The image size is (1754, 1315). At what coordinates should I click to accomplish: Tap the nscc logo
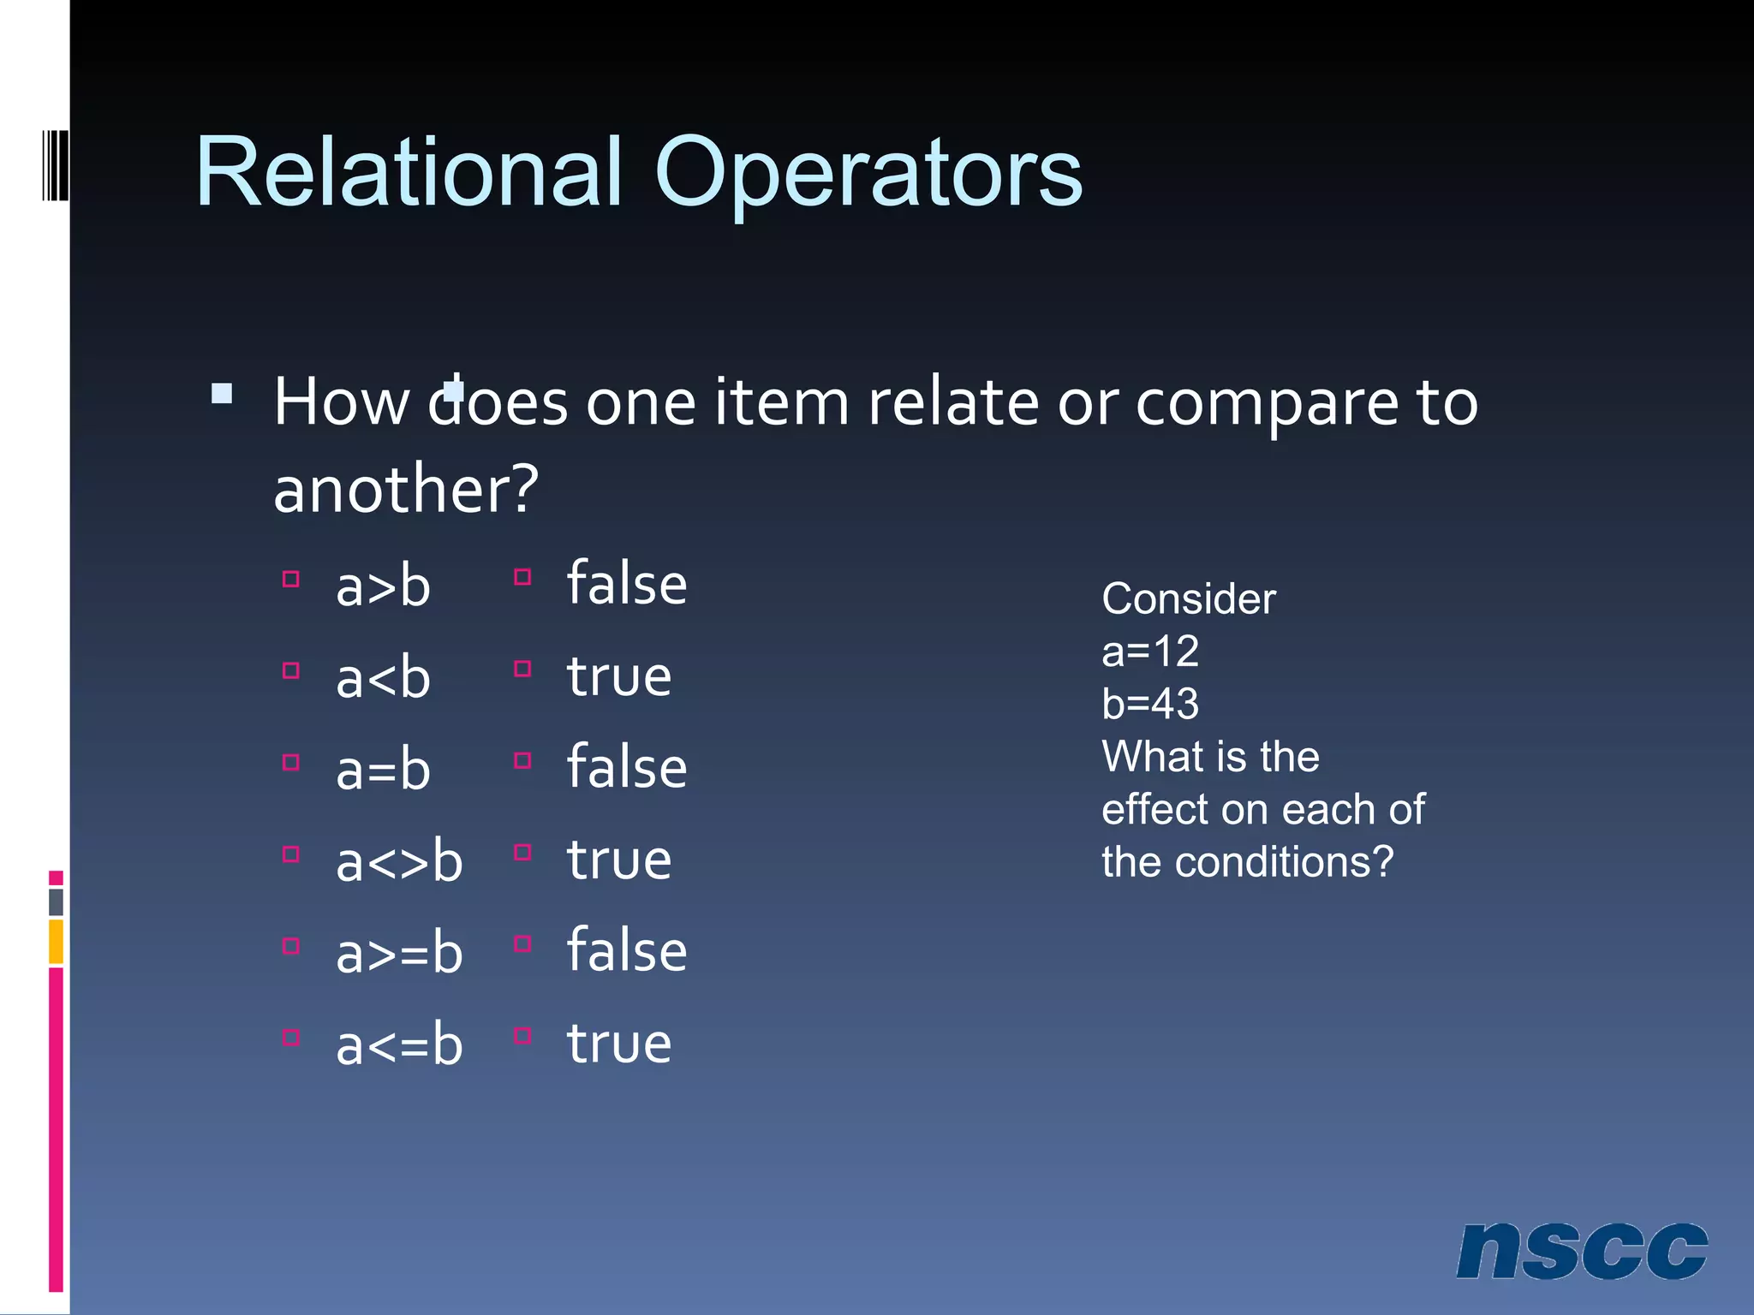pos(1581,1251)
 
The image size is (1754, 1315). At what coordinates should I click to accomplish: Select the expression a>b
pos(383,587)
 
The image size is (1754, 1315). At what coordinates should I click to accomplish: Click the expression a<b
pos(383,679)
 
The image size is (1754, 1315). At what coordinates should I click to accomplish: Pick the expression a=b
pos(383,771)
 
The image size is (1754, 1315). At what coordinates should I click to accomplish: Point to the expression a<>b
pos(399,862)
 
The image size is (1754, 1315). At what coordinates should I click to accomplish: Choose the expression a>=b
pos(399,954)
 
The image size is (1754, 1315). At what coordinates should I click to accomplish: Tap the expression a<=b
pos(399,1045)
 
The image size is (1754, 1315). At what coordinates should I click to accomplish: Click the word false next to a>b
pos(627,584)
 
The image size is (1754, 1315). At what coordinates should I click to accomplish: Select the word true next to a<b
pos(619,676)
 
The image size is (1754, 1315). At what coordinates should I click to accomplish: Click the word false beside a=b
pos(627,767)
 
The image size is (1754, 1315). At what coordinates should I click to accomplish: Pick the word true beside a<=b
pos(619,1044)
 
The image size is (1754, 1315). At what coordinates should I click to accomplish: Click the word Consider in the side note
pos(1188,598)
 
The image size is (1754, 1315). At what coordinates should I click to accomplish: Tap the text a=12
pos(1149,652)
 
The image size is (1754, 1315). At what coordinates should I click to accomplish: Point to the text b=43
pos(1149,704)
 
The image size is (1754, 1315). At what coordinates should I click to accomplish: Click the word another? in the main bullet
pos(406,490)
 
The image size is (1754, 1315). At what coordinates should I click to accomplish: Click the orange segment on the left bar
pos(56,941)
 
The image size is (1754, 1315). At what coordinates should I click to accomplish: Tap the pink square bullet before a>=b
pos(291,946)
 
